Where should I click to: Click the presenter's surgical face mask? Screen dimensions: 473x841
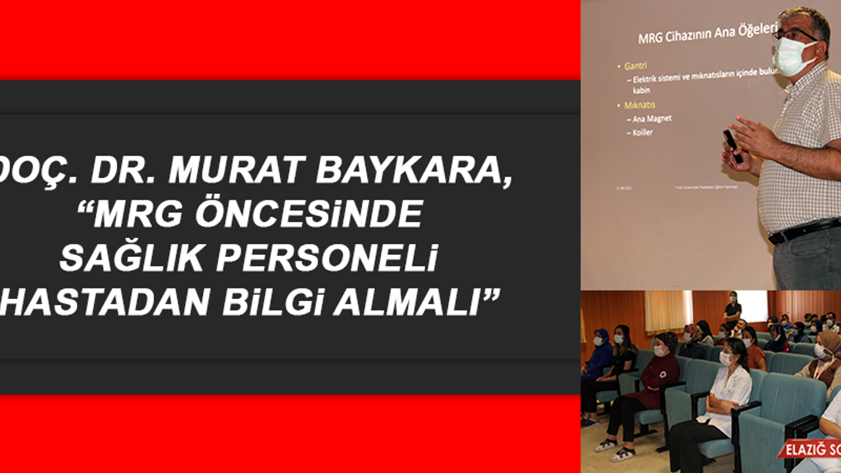click(794, 57)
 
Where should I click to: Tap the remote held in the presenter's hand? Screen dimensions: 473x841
click(732, 145)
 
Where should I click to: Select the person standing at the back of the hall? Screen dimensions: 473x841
click(731, 308)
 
